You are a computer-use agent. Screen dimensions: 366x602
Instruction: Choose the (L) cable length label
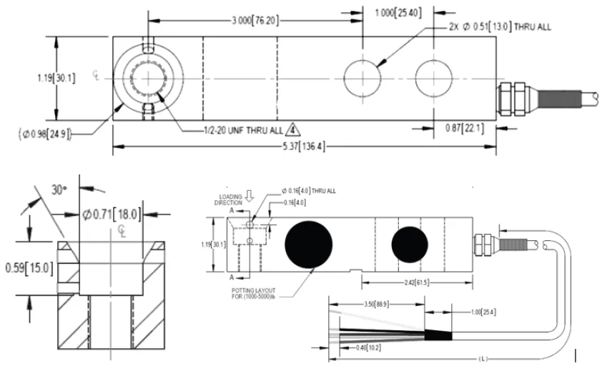pos(483,358)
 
